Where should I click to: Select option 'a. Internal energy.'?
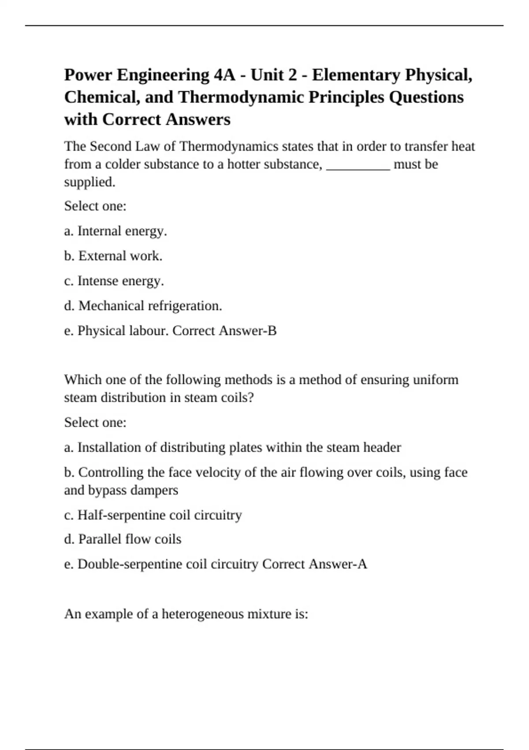(x=115, y=231)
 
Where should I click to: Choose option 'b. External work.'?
(x=113, y=256)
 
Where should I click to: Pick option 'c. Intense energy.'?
(x=114, y=281)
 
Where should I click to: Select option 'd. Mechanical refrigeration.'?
(x=143, y=306)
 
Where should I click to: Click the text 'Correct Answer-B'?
(x=224, y=331)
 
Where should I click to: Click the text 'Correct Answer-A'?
(x=314, y=564)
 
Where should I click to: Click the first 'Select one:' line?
(x=95, y=206)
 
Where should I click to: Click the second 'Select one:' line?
(x=95, y=423)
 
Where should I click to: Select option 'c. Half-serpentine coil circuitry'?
(x=153, y=515)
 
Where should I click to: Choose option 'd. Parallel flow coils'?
(x=123, y=539)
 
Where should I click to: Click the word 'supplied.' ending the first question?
(x=89, y=182)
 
